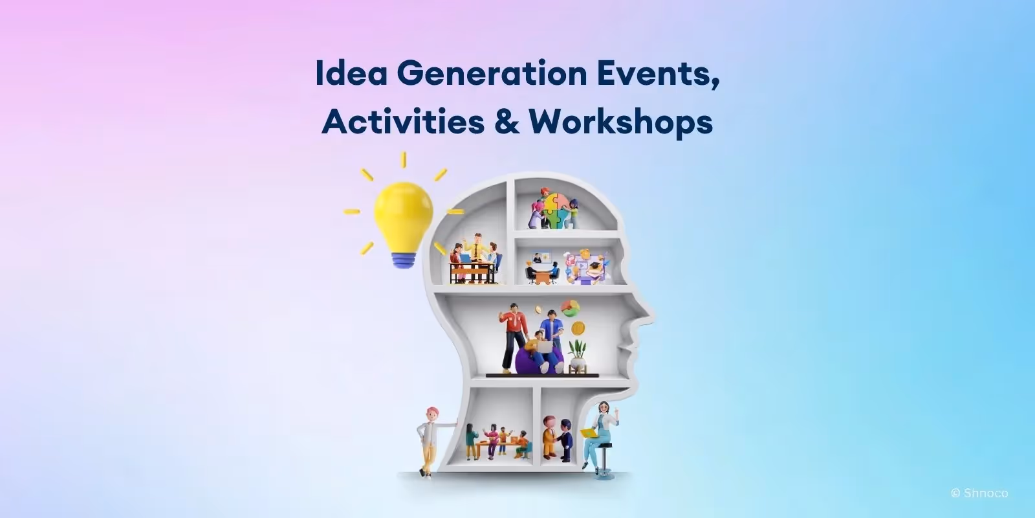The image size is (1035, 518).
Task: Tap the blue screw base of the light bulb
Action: [x=403, y=258]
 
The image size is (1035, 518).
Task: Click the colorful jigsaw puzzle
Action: [x=554, y=208]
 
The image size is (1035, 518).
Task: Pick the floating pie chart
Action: [x=569, y=307]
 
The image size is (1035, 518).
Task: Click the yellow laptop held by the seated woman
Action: [x=589, y=433]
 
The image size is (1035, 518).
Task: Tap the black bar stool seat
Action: [x=604, y=445]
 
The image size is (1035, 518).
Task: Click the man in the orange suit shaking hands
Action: [x=550, y=437]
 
